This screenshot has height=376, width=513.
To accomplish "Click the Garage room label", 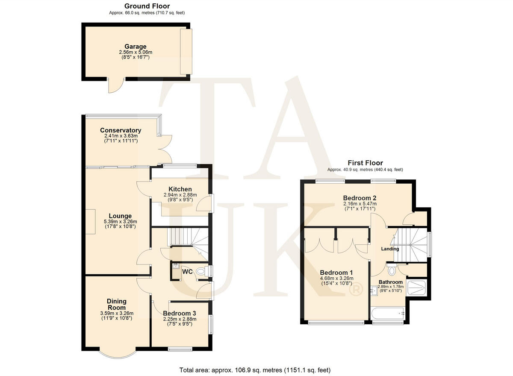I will [x=136, y=47].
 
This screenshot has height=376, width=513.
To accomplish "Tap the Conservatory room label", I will [x=121, y=130].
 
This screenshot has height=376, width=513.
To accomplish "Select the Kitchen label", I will [x=180, y=189].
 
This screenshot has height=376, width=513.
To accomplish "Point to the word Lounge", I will [x=120, y=216].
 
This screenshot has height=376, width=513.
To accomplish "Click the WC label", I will [x=187, y=271].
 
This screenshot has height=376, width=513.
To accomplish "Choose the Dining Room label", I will [x=117, y=305].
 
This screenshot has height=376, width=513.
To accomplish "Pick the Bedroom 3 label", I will [x=180, y=313].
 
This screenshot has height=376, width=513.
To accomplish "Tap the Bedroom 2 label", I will [x=360, y=198].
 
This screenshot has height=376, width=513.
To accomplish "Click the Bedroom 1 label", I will [x=336, y=273].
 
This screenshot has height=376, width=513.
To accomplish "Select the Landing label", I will [x=390, y=249].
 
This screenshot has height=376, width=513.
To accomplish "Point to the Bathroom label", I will [x=391, y=282].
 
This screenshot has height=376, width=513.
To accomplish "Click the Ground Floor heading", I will [x=147, y=6].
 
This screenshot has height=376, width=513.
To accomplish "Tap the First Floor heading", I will [x=365, y=163].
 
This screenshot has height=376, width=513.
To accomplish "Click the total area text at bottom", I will [x=255, y=370].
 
